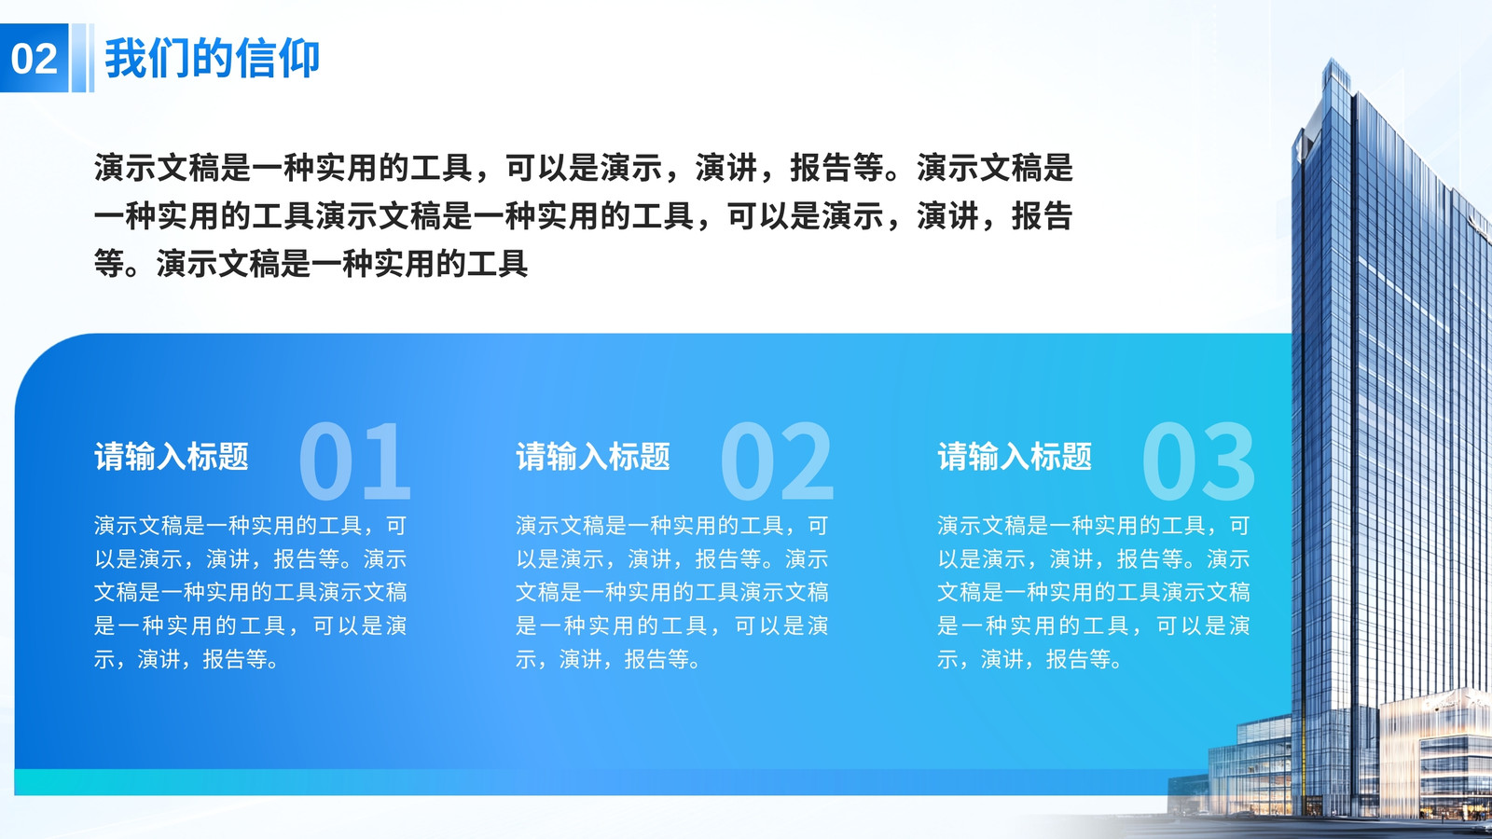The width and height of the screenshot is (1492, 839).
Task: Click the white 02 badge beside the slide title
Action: [34, 58]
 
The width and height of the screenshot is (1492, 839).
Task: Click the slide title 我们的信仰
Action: [213, 59]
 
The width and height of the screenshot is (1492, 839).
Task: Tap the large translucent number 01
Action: [355, 461]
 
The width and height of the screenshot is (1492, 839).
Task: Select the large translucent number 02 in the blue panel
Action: [777, 461]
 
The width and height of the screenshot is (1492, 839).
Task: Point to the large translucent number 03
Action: [1198, 461]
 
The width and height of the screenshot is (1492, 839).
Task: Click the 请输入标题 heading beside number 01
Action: [172, 457]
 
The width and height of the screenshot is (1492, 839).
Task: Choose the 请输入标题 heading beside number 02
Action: [593, 457]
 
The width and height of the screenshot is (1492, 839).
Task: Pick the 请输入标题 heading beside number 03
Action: [1015, 457]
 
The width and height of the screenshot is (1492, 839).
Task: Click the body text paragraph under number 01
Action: [251, 592]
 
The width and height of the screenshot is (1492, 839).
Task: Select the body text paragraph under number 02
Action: [672, 592]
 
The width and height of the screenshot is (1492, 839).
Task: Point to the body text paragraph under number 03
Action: [1094, 592]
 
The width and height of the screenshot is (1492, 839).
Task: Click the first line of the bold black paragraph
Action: [584, 167]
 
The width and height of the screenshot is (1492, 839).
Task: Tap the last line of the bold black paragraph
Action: [311, 264]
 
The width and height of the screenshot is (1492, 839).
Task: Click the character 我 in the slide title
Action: [125, 59]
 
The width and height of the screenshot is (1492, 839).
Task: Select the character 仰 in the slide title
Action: [299, 59]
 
